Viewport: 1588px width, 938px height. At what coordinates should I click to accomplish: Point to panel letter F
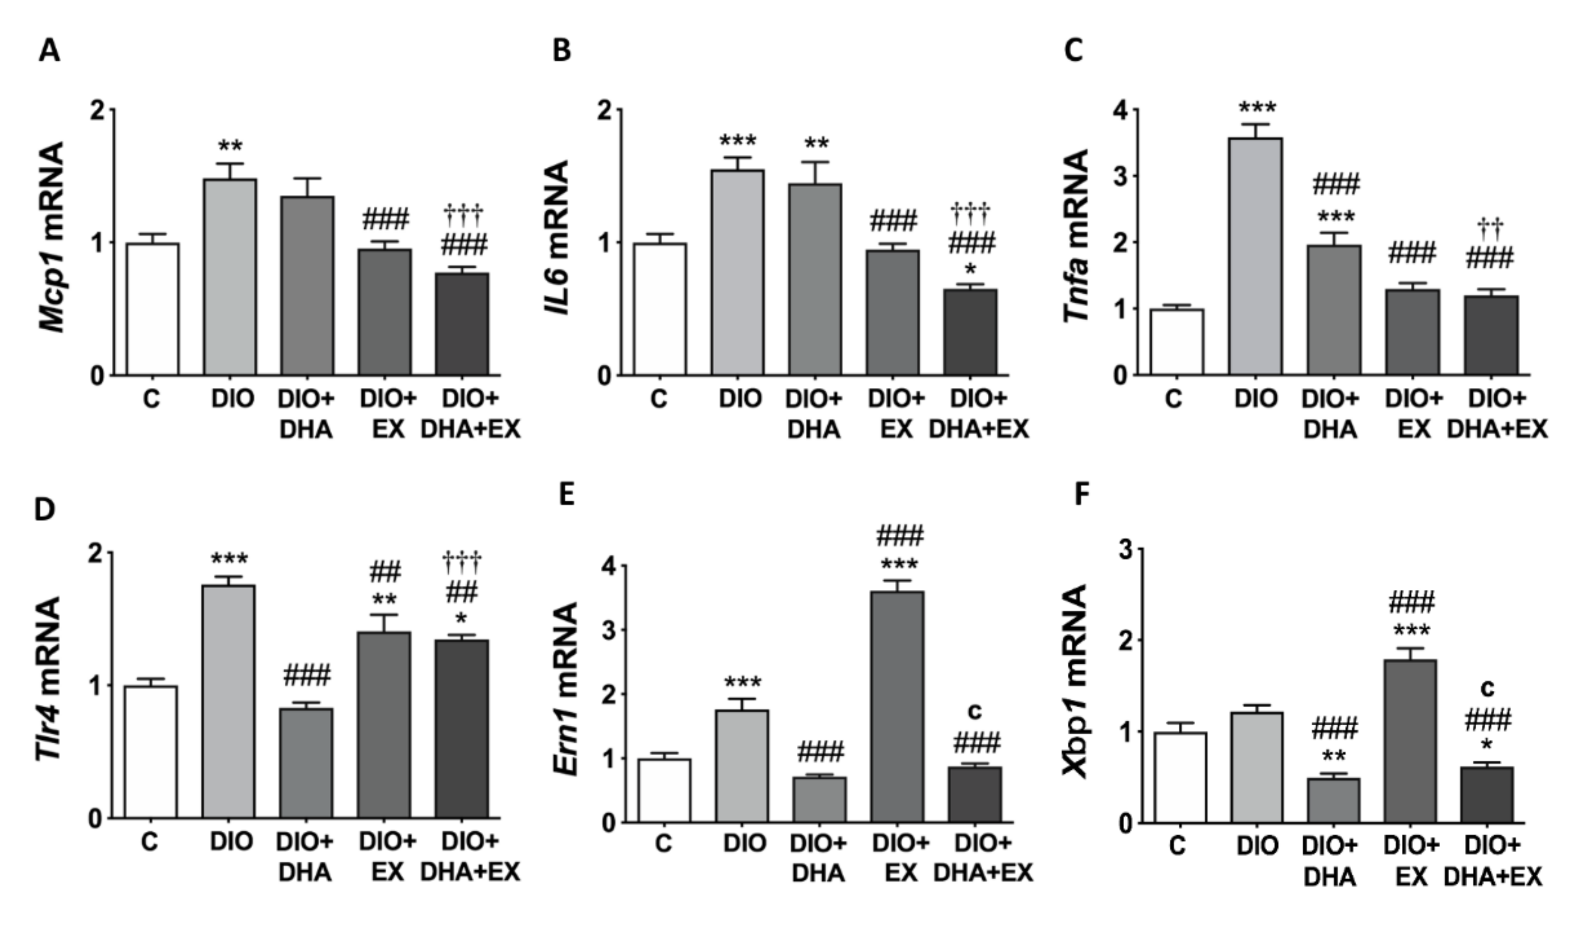[1082, 496]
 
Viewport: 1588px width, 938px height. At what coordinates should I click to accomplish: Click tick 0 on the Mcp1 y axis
[97, 376]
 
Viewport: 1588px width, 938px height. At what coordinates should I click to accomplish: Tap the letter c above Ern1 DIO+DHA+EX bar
[975, 711]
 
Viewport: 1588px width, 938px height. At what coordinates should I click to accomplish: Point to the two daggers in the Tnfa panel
[1489, 225]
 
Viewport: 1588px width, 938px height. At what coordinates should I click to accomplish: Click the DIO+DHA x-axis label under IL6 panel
[814, 414]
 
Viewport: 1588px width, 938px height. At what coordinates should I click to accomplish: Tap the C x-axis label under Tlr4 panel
[149, 842]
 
